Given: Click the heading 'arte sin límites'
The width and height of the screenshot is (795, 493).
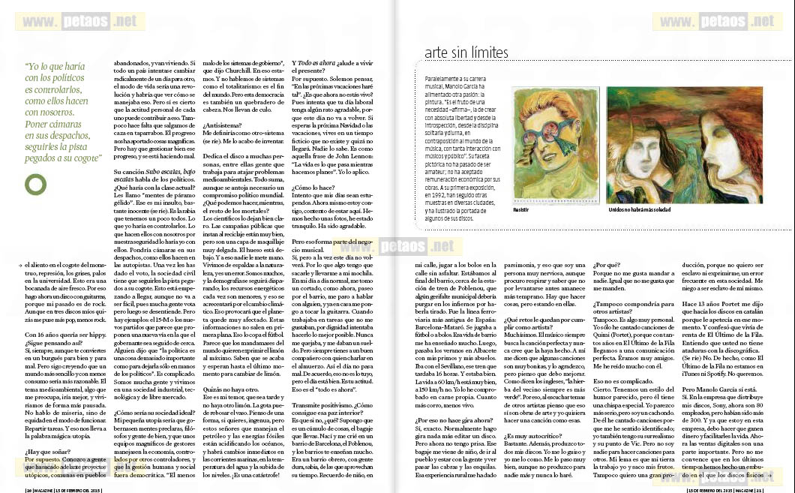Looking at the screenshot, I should click(466, 53).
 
